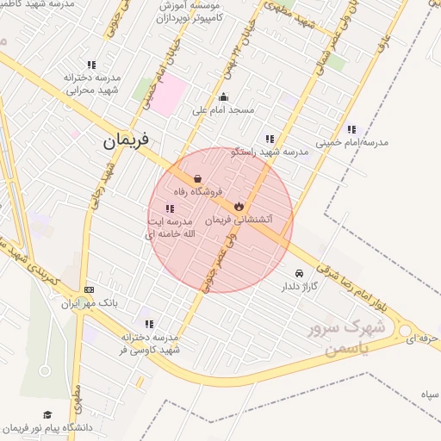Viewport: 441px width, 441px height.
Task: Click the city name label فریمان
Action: coord(126,140)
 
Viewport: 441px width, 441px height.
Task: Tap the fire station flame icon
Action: coord(239,206)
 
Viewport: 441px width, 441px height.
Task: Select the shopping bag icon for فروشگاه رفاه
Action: coord(197,179)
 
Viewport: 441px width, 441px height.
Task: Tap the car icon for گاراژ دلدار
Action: coord(299,273)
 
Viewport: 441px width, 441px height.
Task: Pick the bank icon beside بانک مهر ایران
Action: coord(90,290)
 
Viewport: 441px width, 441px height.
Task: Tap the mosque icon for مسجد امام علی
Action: coord(224,96)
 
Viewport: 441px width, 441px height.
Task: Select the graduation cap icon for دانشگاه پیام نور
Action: coord(47,414)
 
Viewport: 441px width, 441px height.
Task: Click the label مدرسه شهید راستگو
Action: coord(270,152)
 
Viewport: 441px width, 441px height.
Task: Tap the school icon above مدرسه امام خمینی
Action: coord(351,130)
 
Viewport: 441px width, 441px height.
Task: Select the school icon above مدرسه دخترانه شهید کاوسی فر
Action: coord(149,325)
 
